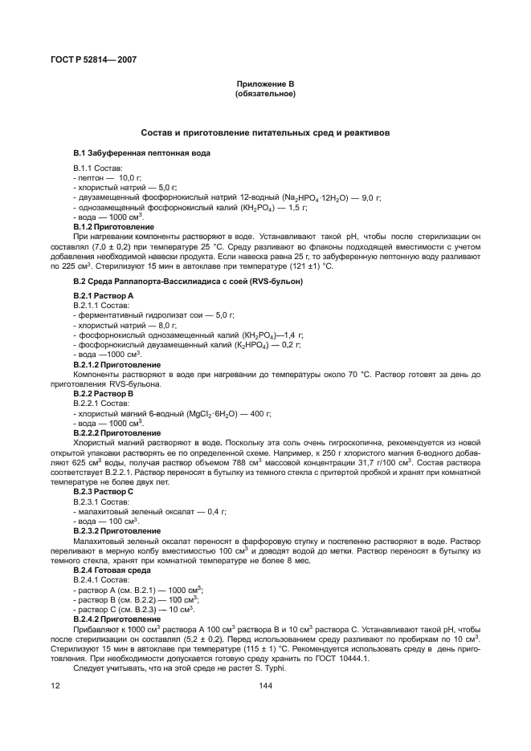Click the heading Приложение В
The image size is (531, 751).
click(265, 84)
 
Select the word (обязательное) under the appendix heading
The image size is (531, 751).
click(265, 94)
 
